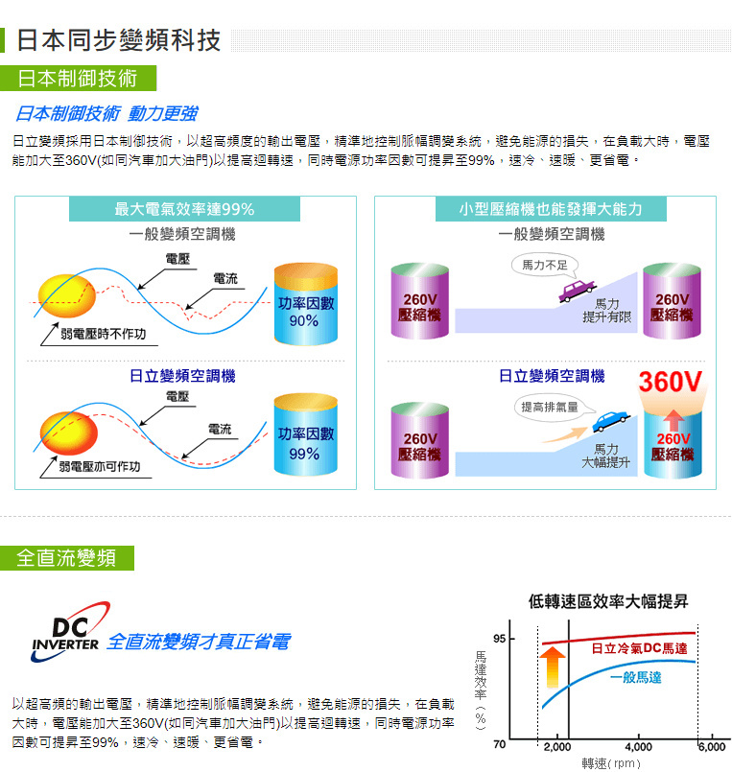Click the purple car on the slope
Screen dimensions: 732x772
pos(577,291)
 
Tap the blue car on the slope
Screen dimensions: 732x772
pos(610,421)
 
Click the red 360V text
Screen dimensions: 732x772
pos(671,382)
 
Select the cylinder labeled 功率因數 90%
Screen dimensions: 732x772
pos(305,304)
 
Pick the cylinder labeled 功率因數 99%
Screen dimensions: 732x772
pos(305,434)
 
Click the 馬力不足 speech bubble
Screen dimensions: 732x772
pos(544,266)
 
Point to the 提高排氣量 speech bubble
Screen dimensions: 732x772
pos(551,408)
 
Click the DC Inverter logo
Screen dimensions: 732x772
pos(70,632)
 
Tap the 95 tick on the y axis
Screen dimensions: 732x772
pos(499,639)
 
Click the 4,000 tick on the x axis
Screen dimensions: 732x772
pos(638,747)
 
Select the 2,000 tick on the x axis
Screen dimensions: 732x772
pos(557,747)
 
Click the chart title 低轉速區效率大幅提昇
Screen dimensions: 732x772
pos(608,601)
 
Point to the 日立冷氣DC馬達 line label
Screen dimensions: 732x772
pos(639,648)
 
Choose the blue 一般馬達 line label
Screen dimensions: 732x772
pos(635,677)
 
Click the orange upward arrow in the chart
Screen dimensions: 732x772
pos(553,667)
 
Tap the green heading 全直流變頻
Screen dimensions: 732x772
pos(66,558)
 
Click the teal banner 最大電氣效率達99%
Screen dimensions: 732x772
pos(184,209)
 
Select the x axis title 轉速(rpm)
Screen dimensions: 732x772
pos(611,763)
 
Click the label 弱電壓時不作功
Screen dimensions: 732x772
pos(103,334)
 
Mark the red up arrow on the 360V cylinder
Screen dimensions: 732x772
pos(673,420)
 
